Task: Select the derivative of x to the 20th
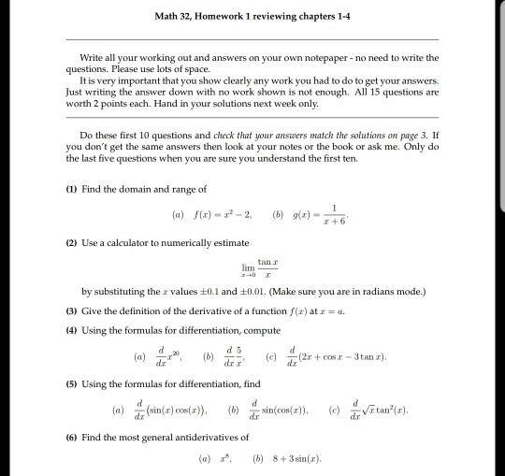pos(172,355)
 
